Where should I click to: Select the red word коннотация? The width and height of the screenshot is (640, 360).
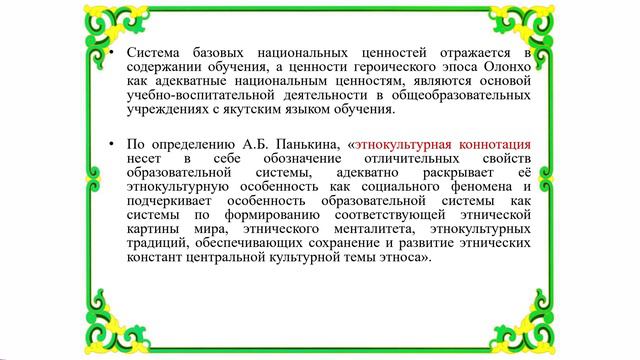pos(491,144)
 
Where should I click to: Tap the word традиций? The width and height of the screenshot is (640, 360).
pos(157,244)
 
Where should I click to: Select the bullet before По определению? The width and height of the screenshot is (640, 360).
pos(112,144)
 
